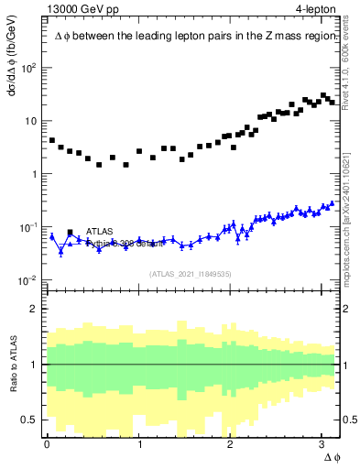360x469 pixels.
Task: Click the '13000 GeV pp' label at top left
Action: tap(80, 9)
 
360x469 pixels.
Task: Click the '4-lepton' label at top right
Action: tap(316, 9)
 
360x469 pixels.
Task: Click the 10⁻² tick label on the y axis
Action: tap(28, 279)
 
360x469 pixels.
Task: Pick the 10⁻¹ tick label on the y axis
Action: tap(28, 226)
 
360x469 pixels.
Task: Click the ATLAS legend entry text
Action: tap(100, 231)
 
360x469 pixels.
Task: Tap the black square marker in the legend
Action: tap(71, 232)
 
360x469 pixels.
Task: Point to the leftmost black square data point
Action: tap(52, 140)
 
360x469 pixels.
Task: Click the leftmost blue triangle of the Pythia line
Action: tap(52, 236)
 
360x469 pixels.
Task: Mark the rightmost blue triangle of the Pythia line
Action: tap(332, 203)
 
